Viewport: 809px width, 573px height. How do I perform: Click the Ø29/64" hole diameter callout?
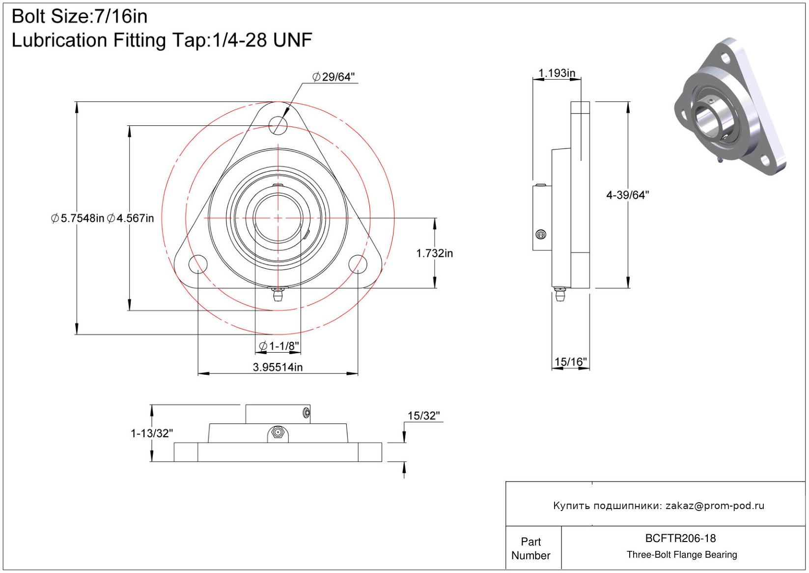pyautogui.click(x=334, y=77)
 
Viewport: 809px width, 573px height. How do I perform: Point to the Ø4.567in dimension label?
pyautogui.click(x=131, y=218)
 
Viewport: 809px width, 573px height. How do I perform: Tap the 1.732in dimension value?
pyautogui.click(x=434, y=253)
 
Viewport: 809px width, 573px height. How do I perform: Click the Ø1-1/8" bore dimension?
pyautogui.click(x=279, y=346)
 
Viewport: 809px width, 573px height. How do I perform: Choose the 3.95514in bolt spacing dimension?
pyautogui.click(x=278, y=367)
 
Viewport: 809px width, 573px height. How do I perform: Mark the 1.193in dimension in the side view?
pyautogui.click(x=557, y=73)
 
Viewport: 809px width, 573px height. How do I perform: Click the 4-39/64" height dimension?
pyautogui.click(x=627, y=195)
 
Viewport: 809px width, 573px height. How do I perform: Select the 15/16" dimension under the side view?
pyautogui.click(x=570, y=362)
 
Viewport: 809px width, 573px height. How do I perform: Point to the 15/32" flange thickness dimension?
pyautogui.click(x=423, y=416)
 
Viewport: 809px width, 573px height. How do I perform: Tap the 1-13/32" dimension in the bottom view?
pyautogui.click(x=152, y=433)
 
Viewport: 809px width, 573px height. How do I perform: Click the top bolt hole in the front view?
pyautogui.click(x=278, y=125)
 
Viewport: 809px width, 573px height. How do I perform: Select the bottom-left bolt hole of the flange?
pyautogui.click(x=198, y=264)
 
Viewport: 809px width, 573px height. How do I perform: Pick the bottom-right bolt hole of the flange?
pyautogui.click(x=358, y=264)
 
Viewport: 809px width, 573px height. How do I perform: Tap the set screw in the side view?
pyautogui.click(x=541, y=235)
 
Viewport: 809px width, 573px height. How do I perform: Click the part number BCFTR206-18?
pyautogui.click(x=680, y=538)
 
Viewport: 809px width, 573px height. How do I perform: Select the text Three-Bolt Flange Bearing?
pyautogui.click(x=682, y=555)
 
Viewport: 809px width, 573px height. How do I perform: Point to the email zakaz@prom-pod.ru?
pyautogui.click(x=715, y=506)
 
